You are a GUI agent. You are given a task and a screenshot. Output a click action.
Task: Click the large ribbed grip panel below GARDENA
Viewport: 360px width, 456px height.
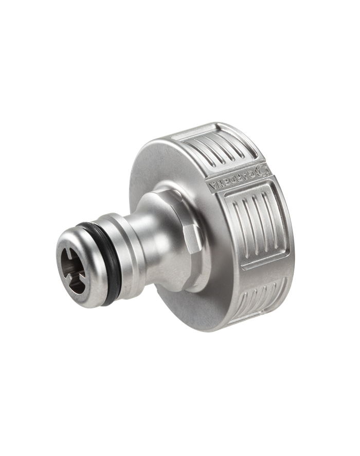[x=257, y=226]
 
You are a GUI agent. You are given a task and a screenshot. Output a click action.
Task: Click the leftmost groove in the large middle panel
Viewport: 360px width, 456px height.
[x=236, y=229]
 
